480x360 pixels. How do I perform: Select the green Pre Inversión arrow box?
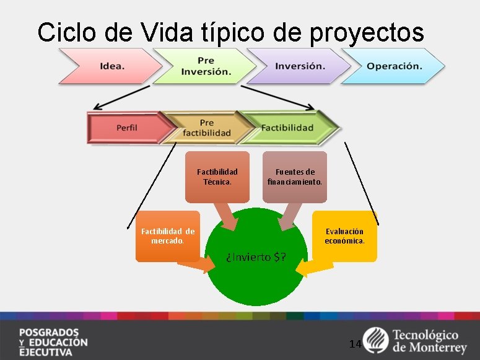click(x=204, y=66)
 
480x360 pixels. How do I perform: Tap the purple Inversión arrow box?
click(x=299, y=66)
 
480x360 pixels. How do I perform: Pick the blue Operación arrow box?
click(x=394, y=66)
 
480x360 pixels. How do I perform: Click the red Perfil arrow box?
click(x=127, y=128)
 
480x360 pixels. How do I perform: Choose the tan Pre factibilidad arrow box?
click(x=206, y=128)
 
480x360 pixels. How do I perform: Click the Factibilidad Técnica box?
click(x=217, y=177)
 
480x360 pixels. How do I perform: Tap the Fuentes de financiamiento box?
click(x=295, y=177)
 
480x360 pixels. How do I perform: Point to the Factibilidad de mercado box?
click(x=168, y=236)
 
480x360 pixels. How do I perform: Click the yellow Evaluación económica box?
click(x=345, y=236)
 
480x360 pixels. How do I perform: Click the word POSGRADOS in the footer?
click(x=49, y=331)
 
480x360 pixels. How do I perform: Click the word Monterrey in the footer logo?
click(x=437, y=348)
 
